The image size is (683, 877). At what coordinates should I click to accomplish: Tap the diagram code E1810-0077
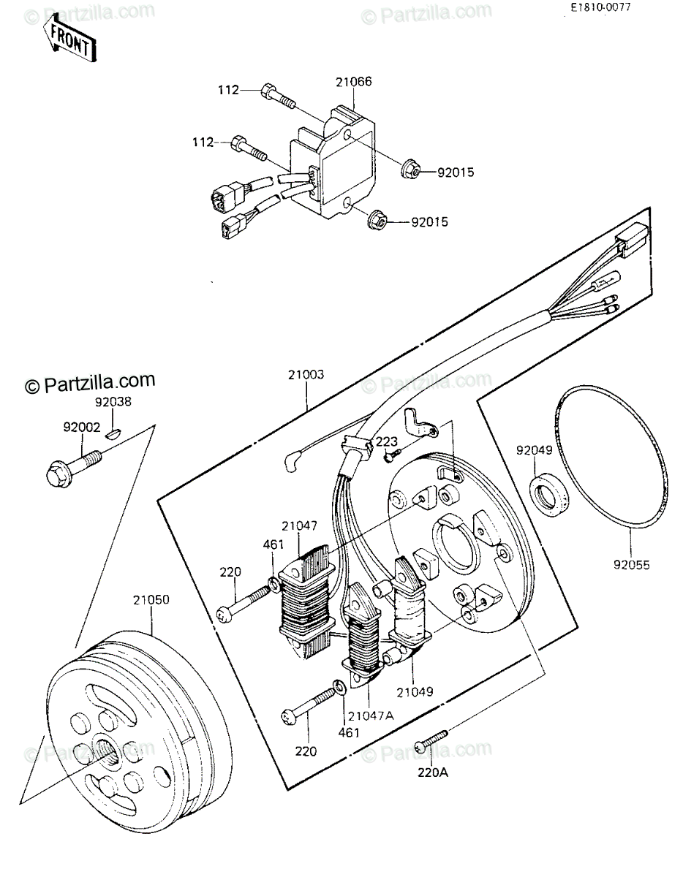[x=600, y=7]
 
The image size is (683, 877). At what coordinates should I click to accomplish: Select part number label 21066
[x=354, y=82]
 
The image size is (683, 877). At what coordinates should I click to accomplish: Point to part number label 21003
[x=306, y=374]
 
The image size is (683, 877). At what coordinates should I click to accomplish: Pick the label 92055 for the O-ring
[x=632, y=565]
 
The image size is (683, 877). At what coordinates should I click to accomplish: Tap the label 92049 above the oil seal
[x=534, y=450]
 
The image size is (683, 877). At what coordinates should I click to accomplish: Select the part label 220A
[x=432, y=773]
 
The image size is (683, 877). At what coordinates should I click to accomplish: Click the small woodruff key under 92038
[x=113, y=433]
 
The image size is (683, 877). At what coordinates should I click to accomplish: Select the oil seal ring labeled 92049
[x=547, y=497]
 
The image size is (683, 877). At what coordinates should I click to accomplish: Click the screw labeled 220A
[x=431, y=741]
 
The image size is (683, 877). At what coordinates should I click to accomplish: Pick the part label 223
[x=387, y=441]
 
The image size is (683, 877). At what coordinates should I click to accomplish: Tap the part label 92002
[x=82, y=427]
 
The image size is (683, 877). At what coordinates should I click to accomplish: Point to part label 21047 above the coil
[x=300, y=526]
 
